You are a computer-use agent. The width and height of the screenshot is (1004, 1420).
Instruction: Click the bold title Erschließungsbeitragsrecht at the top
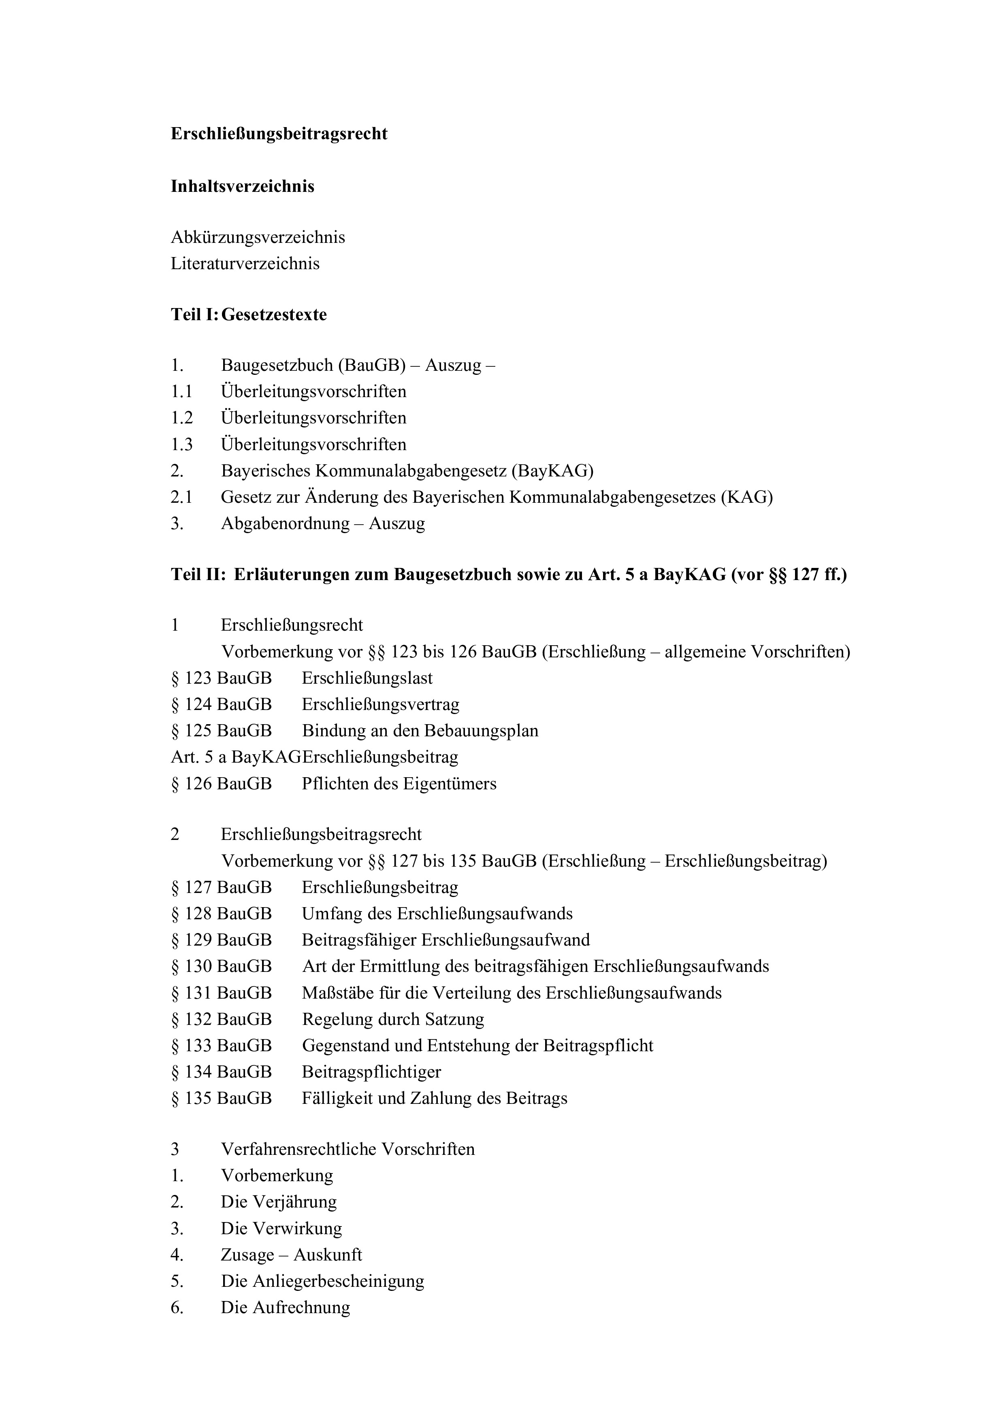pyautogui.click(x=279, y=134)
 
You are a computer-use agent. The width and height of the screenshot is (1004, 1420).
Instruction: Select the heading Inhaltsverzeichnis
pyautogui.click(x=243, y=186)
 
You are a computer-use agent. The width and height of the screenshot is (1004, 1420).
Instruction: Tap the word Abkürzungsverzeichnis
pyautogui.click(x=258, y=238)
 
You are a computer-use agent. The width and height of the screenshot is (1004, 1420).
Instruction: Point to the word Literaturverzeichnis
pyautogui.click(x=245, y=264)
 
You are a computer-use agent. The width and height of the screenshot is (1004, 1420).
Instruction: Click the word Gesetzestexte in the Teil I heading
pyautogui.click(x=274, y=315)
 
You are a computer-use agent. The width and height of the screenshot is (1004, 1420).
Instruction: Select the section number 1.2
pyautogui.click(x=182, y=418)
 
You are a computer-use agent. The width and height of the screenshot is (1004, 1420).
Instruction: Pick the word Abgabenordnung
pyautogui.click(x=285, y=524)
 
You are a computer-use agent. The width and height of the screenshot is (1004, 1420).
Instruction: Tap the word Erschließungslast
pyautogui.click(x=367, y=678)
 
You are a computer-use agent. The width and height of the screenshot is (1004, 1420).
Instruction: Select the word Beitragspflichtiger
pyautogui.click(x=371, y=1072)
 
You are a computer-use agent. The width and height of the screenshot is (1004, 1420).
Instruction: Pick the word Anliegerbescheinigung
pyautogui.click(x=338, y=1281)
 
